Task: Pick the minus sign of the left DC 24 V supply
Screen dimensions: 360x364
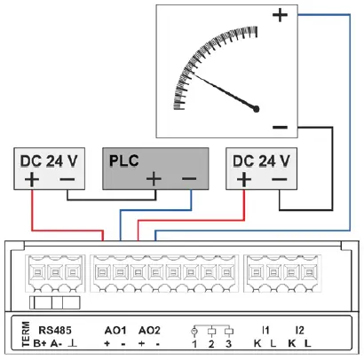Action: pos(67,180)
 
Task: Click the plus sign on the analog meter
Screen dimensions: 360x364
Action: pos(281,15)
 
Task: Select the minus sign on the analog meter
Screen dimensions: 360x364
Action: pos(280,128)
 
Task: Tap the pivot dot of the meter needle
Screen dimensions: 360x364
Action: pos(257,108)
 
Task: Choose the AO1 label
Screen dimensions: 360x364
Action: pos(116,330)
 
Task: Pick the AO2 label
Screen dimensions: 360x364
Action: pos(150,330)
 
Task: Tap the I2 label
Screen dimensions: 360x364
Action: pos(299,330)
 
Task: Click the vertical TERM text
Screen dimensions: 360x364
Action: pos(25,334)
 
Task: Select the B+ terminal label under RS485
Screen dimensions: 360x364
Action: pos(39,343)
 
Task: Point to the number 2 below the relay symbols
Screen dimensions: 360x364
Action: pos(211,343)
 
